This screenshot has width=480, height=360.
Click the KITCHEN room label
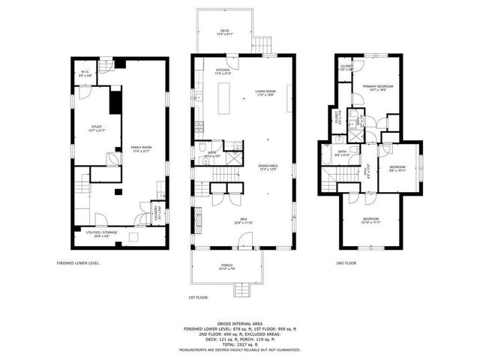pos(207,71)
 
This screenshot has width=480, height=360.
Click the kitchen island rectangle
pos(223,98)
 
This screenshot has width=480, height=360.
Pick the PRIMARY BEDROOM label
pos(375,88)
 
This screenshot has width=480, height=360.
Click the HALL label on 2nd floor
pos(368,172)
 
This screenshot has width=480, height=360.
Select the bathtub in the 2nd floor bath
pos(328,154)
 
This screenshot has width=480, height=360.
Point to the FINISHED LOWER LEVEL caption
pos(78,263)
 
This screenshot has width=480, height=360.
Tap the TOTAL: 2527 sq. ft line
pos(239,342)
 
